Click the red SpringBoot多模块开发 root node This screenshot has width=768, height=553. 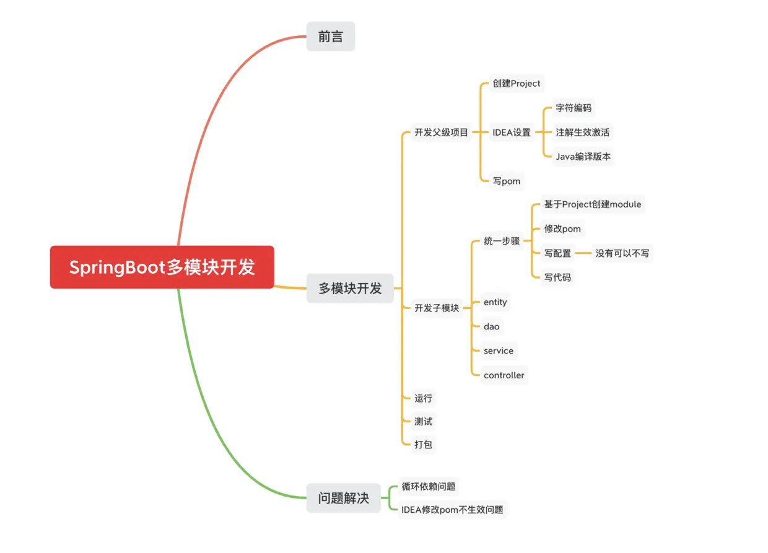point(162,268)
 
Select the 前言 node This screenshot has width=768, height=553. point(331,37)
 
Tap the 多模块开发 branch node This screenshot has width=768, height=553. point(350,288)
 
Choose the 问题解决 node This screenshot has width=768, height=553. point(343,498)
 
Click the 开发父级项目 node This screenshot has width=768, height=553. point(441,133)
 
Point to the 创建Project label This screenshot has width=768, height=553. point(517,84)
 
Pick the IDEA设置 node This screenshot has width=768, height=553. point(512,133)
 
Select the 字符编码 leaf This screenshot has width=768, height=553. point(574,108)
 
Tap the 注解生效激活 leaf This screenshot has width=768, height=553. point(583,133)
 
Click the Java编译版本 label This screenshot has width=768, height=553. point(583,157)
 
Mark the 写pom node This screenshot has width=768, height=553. point(507,181)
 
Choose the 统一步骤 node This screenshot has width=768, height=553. point(502,242)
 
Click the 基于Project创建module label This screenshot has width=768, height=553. point(593,204)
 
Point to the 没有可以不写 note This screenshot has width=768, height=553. point(622,253)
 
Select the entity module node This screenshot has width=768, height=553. point(495,302)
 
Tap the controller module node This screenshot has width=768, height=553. point(504,375)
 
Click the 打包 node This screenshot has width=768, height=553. point(423,445)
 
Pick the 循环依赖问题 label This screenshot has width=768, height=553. point(429,487)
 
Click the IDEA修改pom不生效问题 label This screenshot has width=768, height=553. point(452,510)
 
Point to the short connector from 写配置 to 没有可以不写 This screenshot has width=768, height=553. point(583,253)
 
